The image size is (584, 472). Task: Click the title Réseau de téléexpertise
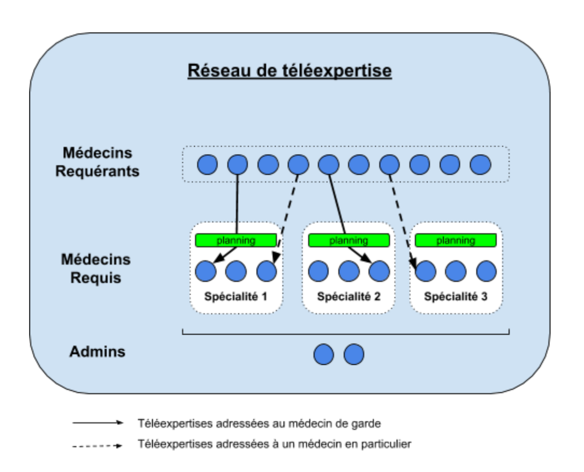coord(289,72)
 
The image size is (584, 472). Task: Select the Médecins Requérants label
coord(97,162)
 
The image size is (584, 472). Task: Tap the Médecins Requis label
coord(95,269)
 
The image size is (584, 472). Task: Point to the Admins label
coord(97,352)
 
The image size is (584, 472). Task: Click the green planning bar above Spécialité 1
coord(236,240)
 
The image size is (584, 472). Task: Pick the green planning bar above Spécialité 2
coord(349,240)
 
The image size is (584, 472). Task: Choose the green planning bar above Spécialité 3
coord(456,240)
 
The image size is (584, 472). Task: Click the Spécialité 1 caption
coord(235,296)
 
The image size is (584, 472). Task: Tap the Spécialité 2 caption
coord(348,296)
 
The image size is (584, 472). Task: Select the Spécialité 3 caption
coord(456,296)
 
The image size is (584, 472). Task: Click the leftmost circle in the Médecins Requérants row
coord(207,164)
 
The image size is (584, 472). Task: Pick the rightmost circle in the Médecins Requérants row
coord(481,164)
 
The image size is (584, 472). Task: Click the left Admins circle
coord(324,354)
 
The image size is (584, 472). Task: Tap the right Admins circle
coord(354,354)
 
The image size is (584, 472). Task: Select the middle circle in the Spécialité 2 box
coord(349,272)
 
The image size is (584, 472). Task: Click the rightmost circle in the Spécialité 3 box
coord(486,272)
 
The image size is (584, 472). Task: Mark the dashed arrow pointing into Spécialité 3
coord(403,221)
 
